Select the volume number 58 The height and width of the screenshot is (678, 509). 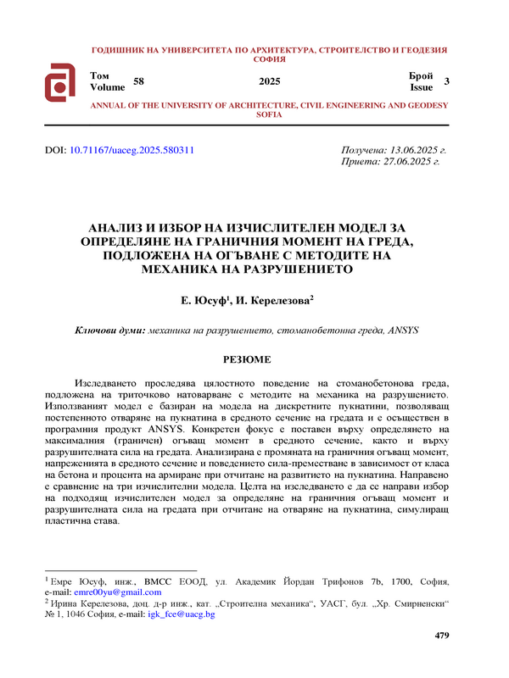(139, 81)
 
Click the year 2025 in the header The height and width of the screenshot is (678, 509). (269, 81)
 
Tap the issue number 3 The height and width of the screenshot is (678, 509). (447, 81)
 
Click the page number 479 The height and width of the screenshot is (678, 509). (441, 635)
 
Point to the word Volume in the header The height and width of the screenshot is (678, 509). (107, 87)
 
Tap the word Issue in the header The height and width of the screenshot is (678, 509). (422, 87)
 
